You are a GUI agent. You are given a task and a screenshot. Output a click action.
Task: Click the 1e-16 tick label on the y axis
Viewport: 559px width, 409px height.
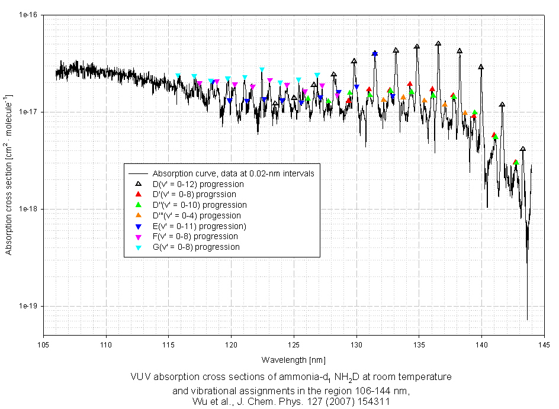(x=28, y=15)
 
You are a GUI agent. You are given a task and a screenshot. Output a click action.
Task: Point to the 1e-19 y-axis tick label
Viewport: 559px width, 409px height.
(x=28, y=306)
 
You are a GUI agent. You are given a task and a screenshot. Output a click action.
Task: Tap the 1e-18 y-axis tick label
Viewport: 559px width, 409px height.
(x=28, y=209)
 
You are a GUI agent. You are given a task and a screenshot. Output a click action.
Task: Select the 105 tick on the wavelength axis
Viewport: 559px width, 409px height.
(x=43, y=343)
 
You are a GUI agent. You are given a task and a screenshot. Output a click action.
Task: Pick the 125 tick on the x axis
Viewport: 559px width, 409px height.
(x=294, y=343)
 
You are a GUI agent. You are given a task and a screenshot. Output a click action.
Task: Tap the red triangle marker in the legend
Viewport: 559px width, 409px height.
(x=137, y=194)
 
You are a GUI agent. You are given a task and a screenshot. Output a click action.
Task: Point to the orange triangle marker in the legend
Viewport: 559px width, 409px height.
(x=137, y=215)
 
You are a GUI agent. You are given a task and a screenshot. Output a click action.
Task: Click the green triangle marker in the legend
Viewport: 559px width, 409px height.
(x=137, y=205)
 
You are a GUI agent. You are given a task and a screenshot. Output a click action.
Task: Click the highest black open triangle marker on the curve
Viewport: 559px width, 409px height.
(x=438, y=44)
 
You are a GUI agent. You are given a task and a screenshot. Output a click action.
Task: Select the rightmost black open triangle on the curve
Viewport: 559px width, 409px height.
(x=522, y=149)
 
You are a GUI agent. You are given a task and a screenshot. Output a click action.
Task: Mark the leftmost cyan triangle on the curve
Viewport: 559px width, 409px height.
(x=178, y=76)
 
